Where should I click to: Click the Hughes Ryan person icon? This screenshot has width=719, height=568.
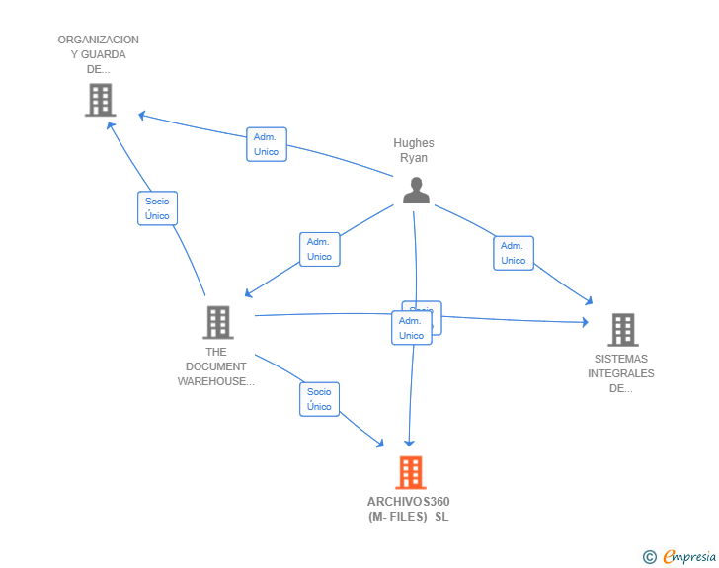(x=416, y=191)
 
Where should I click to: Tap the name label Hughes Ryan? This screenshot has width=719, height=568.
(x=414, y=151)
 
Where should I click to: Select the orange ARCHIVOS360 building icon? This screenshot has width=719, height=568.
(x=411, y=473)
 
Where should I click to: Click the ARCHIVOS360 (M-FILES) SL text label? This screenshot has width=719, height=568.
(x=408, y=509)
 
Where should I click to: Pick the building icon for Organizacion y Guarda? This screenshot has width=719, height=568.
(x=100, y=100)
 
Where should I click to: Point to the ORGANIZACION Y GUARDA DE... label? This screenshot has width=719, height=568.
(x=98, y=54)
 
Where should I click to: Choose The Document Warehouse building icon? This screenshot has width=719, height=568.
(x=217, y=322)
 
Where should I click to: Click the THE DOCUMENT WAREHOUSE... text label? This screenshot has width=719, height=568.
(x=216, y=366)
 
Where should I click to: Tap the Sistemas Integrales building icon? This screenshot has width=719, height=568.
(x=622, y=329)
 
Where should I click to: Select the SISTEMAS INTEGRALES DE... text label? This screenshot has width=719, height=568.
(x=621, y=373)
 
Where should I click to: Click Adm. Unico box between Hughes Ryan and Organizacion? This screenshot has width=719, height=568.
(x=266, y=144)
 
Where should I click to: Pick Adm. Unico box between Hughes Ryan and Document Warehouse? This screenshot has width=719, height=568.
(x=319, y=249)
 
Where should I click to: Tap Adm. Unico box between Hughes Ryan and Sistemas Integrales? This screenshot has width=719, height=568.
(x=514, y=253)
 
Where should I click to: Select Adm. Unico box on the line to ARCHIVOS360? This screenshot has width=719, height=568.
(x=411, y=328)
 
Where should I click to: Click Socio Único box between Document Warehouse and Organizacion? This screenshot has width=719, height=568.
(x=157, y=208)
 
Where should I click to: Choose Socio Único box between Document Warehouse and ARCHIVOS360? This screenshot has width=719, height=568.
(x=319, y=399)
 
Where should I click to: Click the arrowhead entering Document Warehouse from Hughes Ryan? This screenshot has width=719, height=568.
(x=248, y=293)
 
